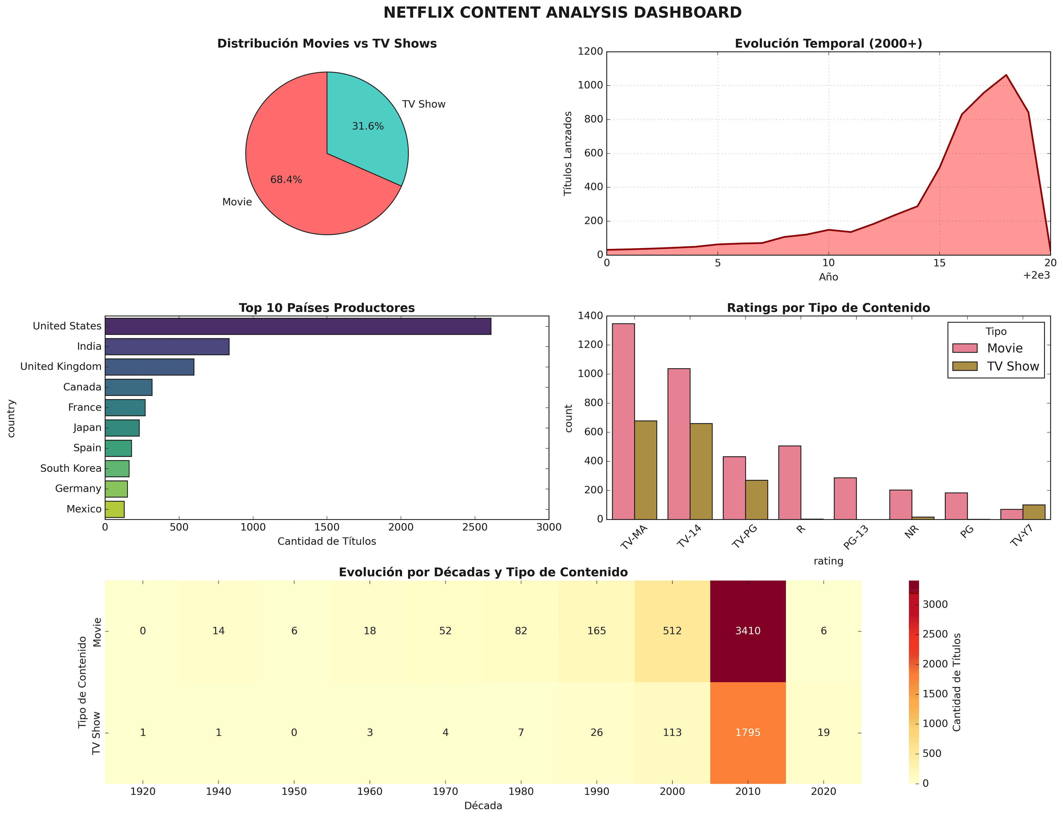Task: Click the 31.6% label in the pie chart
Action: coord(368,127)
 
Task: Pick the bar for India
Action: coord(167,347)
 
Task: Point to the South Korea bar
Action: coord(117,469)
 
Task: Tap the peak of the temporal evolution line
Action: coord(1006,75)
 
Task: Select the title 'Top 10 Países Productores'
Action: coord(327,308)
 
